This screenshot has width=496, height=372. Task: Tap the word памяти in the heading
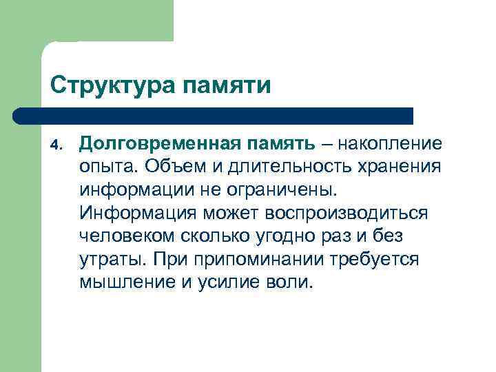tap(227, 87)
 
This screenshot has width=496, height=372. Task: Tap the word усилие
tap(227, 282)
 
